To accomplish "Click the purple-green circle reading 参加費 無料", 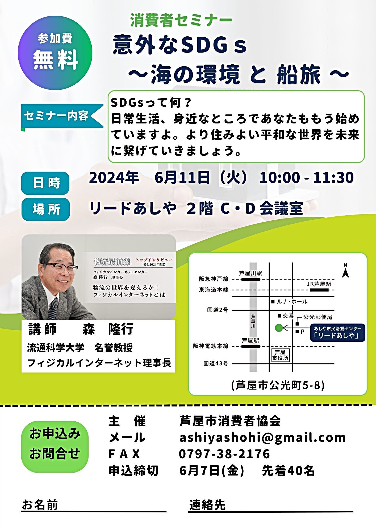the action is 55,53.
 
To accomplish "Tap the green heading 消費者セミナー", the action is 181,20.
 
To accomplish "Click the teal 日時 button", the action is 45,183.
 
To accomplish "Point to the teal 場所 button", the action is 45,209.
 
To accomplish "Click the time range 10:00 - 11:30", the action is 307,178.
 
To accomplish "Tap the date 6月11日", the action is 182,178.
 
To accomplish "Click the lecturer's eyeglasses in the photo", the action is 60,268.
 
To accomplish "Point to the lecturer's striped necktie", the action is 53,308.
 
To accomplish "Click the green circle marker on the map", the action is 279,328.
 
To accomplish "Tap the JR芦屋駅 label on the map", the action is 319,284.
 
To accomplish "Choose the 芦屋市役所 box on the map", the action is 280,355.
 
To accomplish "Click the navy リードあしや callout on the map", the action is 338,332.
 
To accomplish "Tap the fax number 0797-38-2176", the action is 224,454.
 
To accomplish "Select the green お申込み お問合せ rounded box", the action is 55,447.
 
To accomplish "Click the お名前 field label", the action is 40,505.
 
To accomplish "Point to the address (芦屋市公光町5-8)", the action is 278,385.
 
